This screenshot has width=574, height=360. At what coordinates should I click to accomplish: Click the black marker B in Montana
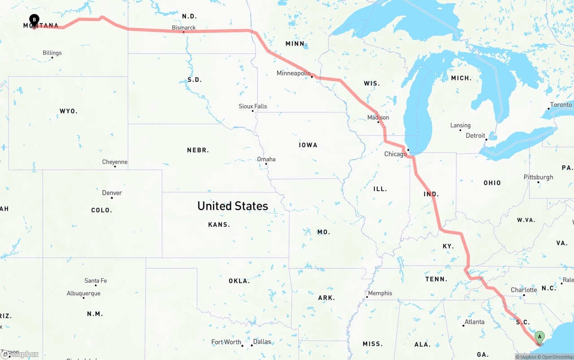(x=34, y=19)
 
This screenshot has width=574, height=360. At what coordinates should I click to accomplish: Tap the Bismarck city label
(x=184, y=28)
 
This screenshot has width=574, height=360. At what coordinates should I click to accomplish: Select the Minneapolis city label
(x=293, y=73)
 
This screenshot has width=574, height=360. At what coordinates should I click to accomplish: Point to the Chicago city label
(x=395, y=154)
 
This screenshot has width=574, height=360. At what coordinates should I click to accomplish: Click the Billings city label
(x=52, y=53)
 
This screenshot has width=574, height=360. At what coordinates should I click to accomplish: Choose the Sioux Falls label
(x=252, y=106)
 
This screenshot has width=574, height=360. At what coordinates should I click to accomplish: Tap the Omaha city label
(x=266, y=159)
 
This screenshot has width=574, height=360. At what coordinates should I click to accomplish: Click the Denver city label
(x=112, y=193)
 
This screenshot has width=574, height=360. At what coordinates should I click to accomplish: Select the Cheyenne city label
(x=115, y=162)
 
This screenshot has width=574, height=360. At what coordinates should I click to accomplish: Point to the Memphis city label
(x=380, y=293)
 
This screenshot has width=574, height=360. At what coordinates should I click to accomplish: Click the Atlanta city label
(x=474, y=322)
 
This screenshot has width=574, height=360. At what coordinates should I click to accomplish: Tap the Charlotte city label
(x=524, y=290)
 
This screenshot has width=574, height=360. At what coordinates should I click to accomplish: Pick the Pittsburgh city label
(x=538, y=177)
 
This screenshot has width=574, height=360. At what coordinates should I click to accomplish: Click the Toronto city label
(x=561, y=105)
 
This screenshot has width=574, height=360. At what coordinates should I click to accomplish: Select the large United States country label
(x=233, y=206)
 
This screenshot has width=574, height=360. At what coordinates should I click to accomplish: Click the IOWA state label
(x=308, y=145)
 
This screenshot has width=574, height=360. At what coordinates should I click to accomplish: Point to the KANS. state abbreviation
(x=219, y=225)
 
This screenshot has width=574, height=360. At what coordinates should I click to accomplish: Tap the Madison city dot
(x=378, y=122)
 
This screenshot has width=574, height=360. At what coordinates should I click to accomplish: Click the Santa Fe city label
(x=96, y=281)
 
